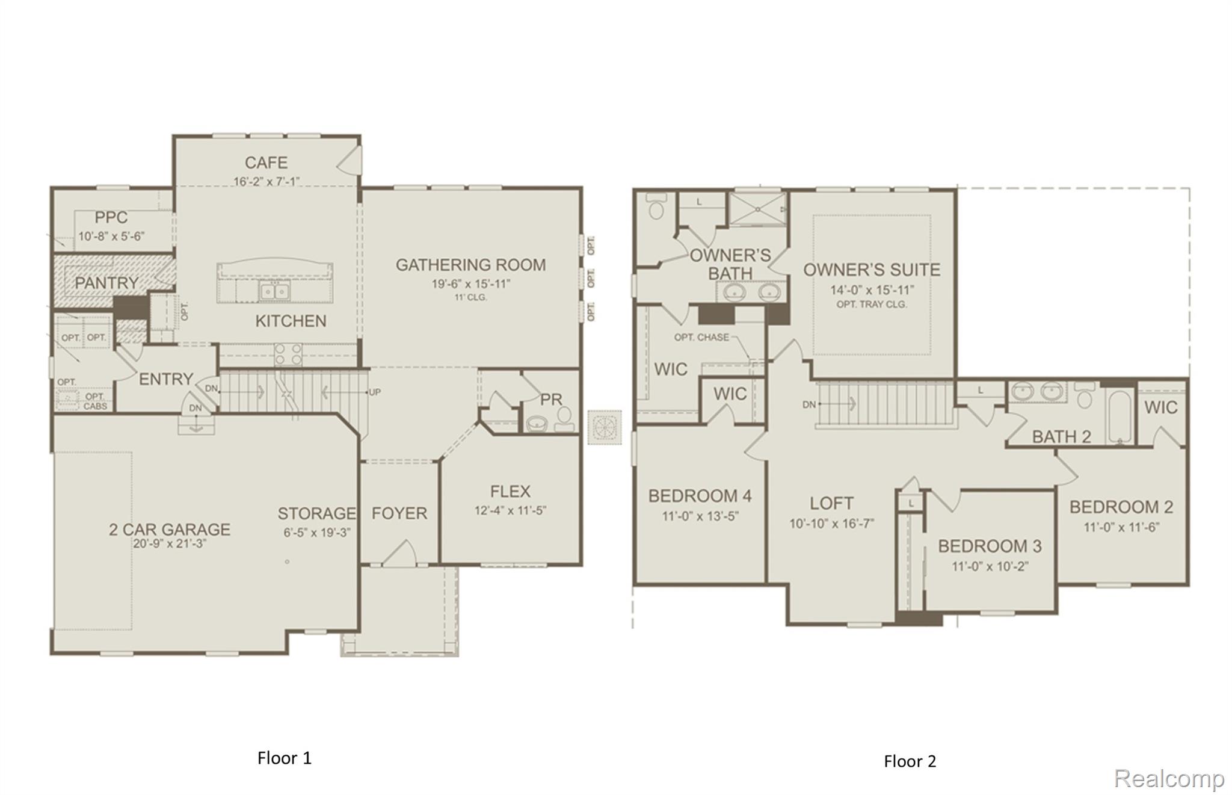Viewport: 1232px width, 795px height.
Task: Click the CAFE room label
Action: click(x=266, y=162)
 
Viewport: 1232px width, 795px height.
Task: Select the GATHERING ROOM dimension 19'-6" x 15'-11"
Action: click(x=470, y=284)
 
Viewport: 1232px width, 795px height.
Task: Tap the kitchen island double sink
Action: click(x=274, y=291)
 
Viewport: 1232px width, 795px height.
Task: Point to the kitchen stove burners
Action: click(x=288, y=354)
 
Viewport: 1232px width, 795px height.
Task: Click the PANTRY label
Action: click(x=106, y=282)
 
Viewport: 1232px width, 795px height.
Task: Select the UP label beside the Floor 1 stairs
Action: click(x=374, y=392)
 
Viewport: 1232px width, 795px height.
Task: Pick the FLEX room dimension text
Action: click(x=510, y=511)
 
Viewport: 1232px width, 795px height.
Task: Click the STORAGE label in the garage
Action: click(x=317, y=513)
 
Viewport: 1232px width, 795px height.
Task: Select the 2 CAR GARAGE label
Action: click(x=170, y=530)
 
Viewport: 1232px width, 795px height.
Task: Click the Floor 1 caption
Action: click(x=285, y=758)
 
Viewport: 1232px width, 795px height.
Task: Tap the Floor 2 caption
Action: click(x=910, y=761)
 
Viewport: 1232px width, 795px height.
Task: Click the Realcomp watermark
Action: click(x=1169, y=779)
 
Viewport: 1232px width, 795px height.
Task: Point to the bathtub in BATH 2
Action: click(x=1120, y=416)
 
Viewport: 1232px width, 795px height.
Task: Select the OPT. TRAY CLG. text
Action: click(x=872, y=305)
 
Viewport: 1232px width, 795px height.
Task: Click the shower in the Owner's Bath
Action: click(x=757, y=209)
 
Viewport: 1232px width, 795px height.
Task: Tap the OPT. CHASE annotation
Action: click(x=701, y=338)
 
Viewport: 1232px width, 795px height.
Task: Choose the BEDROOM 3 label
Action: click(x=990, y=546)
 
